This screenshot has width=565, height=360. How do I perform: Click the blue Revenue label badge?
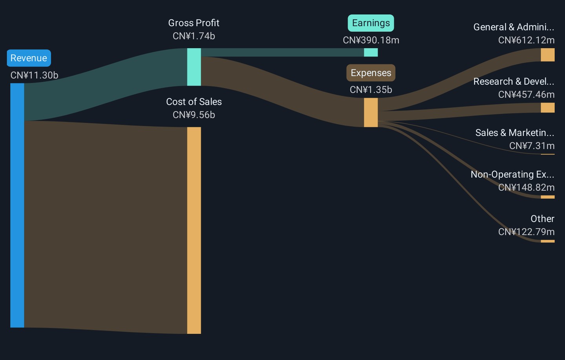[29, 58]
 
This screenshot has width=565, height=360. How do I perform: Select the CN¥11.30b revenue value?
[34, 75]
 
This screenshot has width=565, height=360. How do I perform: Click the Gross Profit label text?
[193, 23]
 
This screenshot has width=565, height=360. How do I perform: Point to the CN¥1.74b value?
[193, 36]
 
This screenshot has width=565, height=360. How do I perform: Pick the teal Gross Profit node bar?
[194, 67]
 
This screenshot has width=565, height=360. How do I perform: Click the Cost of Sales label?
[193, 102]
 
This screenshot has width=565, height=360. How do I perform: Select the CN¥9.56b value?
[193, 115]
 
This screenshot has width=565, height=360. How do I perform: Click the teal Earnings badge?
[371, 23]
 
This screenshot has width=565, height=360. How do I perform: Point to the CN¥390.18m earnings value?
[371, 40]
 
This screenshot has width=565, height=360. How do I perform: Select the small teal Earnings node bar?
[371, 53]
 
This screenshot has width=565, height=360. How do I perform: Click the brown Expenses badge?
[371, 73]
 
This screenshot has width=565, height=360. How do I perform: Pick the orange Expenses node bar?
[371, 113]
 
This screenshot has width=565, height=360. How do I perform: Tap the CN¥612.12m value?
[526, 40]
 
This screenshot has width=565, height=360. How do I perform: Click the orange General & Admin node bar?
[547, 55]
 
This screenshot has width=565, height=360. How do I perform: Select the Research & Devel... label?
[514, 82]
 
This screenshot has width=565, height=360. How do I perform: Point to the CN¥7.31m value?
[532, 146]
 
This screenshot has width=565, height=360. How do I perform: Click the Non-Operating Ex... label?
[512, 175]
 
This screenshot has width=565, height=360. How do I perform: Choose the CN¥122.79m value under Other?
[526, 232]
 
